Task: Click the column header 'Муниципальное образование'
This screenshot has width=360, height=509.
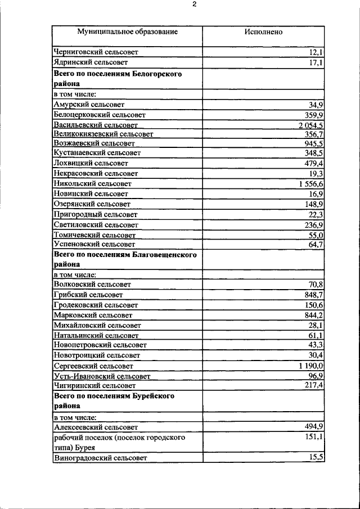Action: [128, 32]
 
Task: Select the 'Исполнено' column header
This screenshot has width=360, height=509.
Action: [263, 32]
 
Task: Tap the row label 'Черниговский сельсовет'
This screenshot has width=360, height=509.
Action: [96, 52]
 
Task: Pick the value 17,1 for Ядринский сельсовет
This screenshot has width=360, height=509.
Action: [316, 62]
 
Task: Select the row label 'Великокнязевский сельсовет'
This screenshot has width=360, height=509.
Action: [103, 134]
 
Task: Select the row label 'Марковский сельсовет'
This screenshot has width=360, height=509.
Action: [93, 315]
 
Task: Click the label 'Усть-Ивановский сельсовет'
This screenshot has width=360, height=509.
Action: [102, 376]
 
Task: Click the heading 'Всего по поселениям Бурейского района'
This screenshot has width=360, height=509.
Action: [114, 400]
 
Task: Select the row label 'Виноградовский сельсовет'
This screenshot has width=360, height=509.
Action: [100, 458]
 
